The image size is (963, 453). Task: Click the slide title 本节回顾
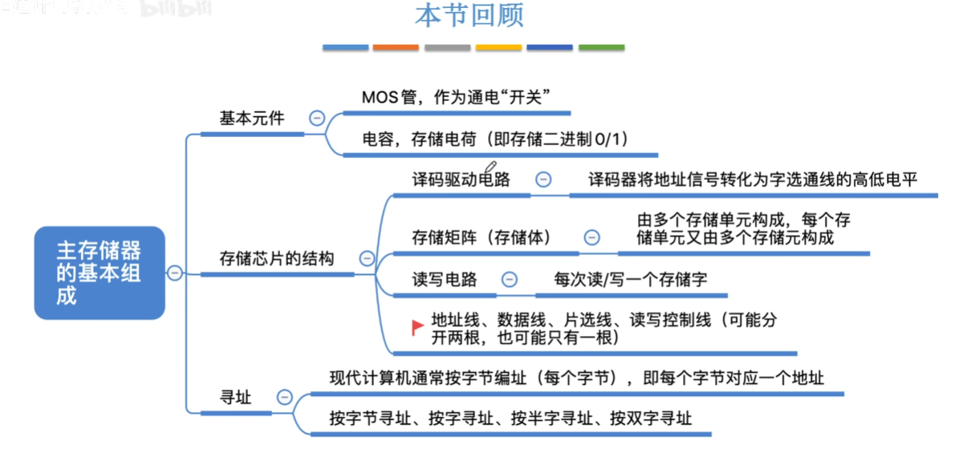tap(469, 17)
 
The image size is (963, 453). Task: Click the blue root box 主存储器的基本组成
tap(100, 272)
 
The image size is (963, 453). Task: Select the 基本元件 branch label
tap(252, 118)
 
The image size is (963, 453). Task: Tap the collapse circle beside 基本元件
tap(316, 118)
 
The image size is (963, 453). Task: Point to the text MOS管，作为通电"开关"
tap(455, 97)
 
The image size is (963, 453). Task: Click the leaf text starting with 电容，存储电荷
tap(494, 139)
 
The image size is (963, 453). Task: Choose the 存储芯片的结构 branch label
tap(277, 258)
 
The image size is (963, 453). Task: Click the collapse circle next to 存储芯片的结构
tap(367, 258)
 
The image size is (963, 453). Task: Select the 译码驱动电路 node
tap(461, 179)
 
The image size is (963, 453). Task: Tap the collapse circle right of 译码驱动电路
tap(543, 180)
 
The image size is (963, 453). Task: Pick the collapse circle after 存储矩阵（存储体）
tap(591, 237)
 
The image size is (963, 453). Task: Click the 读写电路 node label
tap(445, 279)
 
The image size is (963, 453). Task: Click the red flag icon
tap(416, 327)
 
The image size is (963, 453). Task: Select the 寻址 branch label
tap(235, 397)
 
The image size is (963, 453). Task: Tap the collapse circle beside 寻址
tap(284, 397)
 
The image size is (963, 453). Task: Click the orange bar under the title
tap(396, 48)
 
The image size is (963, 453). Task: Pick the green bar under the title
tap(601, 48)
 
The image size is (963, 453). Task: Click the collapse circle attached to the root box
tap(174, 273)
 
